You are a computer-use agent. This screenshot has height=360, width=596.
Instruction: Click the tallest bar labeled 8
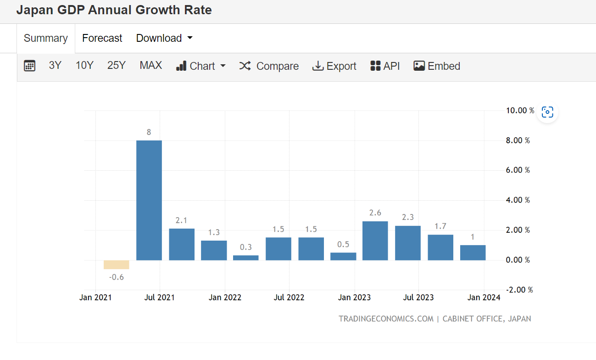pyautogui.click(x=149, y=200)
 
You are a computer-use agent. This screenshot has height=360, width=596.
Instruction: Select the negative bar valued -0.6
pyautogui.click(x=116, y=264)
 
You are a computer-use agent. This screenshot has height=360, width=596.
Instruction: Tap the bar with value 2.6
pyautogui.click(x=375, y=241)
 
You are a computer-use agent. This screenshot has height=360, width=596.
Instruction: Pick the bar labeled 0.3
pyautogui.click(x=245, y=258)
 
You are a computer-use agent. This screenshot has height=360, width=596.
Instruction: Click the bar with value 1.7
pyautogui.click(x=440, y=247)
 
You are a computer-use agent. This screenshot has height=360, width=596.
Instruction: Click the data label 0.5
pyautogui.click(x=343, y=244)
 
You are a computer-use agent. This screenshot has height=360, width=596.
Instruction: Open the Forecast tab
pyautogui.click(x=102, y=38)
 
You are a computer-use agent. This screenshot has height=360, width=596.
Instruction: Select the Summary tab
pyautogui.click(x=45, y=38)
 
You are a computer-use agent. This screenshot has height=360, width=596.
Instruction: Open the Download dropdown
pyautogui.click(x=164, y=38)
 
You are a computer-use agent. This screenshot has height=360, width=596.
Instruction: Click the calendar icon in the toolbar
pyautogui.click(x=29, y=66)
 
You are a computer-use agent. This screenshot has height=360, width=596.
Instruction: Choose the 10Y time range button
pyautogui.click(x=84, y=65)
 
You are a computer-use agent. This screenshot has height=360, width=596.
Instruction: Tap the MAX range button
pyautogui.click(x=150, y=65)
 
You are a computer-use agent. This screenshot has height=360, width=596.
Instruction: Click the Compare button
pyautogui.click(x=269, y=66)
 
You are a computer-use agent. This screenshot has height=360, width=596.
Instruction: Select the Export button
pyautogui.click(x=334, y=66)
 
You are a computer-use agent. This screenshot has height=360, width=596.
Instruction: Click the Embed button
pyautogui.click(x=436, y=66)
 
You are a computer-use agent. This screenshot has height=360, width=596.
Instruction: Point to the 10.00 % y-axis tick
pyautogui.click(x=520, y=110)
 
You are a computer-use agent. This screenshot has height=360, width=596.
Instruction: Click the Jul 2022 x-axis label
pyautogui.click(x=289, y=298)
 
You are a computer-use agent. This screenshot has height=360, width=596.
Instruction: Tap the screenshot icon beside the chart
pyautogui.click(x=547, y=112)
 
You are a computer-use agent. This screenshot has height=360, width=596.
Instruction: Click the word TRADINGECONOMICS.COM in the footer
pyautogui.click(x=386, y=319)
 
